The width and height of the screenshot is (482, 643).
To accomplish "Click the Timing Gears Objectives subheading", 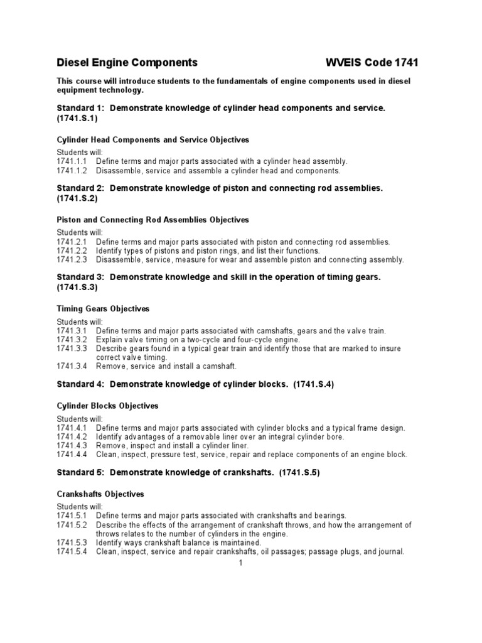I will pos(103,309).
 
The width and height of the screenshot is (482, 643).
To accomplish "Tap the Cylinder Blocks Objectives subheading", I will pos(107,406).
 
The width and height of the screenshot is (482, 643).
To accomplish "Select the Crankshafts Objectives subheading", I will pos(100,494).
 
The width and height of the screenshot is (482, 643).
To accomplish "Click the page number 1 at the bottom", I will pos(240,563).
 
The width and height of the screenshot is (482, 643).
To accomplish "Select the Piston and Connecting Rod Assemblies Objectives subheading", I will pos(153,220).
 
